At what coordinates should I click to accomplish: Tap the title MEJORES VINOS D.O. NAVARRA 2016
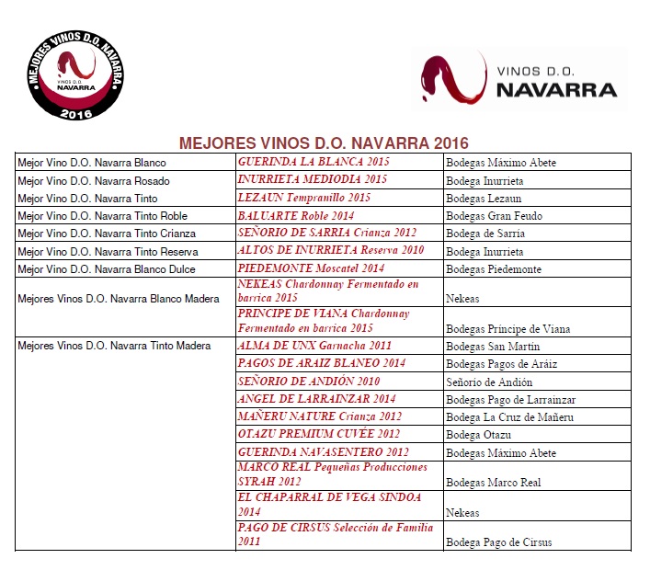(324, 143)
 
